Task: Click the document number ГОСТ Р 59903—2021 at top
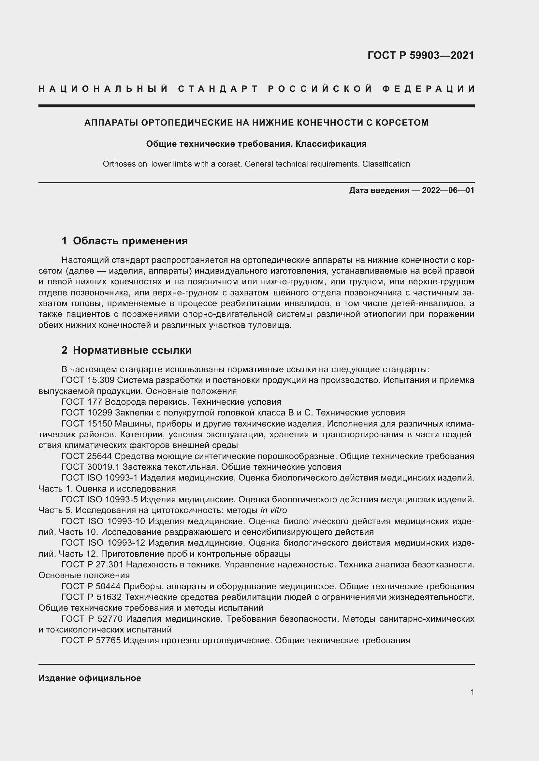420,55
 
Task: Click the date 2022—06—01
448,190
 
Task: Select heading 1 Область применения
125,241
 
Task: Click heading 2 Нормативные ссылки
126,350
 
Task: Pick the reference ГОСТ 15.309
88,380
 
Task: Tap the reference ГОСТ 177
82,402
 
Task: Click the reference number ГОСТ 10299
87,413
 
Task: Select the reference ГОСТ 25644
87,456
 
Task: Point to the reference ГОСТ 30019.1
91,467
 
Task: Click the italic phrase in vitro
273,510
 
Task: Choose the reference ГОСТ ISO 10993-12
103,543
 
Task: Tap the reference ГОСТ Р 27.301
92,564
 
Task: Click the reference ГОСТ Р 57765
91,640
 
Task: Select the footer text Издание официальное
90,678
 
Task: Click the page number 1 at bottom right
472,692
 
